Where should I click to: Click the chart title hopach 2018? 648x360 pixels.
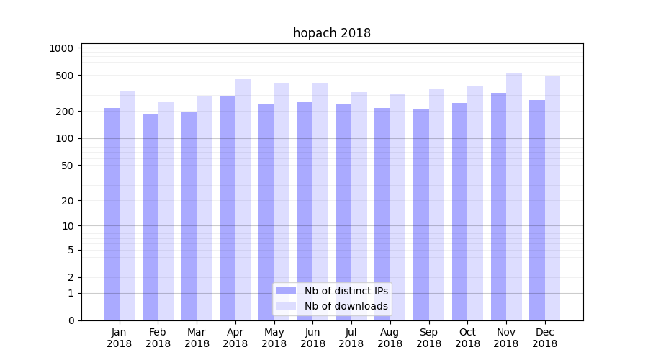coord(331,33)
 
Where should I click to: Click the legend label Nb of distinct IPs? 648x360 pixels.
coord(346,291)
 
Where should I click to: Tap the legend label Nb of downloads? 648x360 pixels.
coord(346,306)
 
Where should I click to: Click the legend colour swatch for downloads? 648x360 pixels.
coord(287,306)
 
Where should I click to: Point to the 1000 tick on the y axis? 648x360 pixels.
coord(62,48)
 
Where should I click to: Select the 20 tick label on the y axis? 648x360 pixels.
coord(68,201)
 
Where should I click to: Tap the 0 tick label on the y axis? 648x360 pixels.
coord(71,320)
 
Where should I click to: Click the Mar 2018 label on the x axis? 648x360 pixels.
coord(197,338)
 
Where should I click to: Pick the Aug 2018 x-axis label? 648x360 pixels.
coord(390,338)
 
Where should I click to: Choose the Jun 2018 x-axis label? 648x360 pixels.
coord(312,338)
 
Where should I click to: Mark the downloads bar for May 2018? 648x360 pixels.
coord(282,202)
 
